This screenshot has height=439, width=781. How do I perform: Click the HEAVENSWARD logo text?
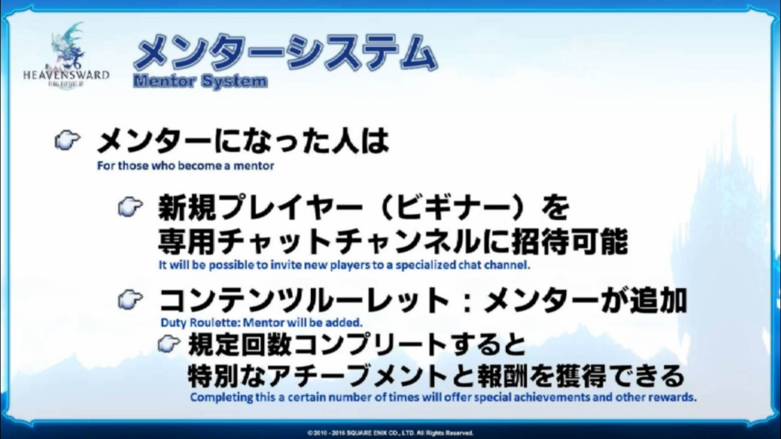coord(66,75)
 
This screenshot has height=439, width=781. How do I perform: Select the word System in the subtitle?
coord(234,81)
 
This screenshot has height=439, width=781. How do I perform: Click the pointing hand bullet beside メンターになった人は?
coord(67,141)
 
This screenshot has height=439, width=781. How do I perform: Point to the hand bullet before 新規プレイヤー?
coord(130,207)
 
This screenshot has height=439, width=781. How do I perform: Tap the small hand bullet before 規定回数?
coord(169,344)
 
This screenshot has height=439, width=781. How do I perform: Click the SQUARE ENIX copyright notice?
coord(390,433)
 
